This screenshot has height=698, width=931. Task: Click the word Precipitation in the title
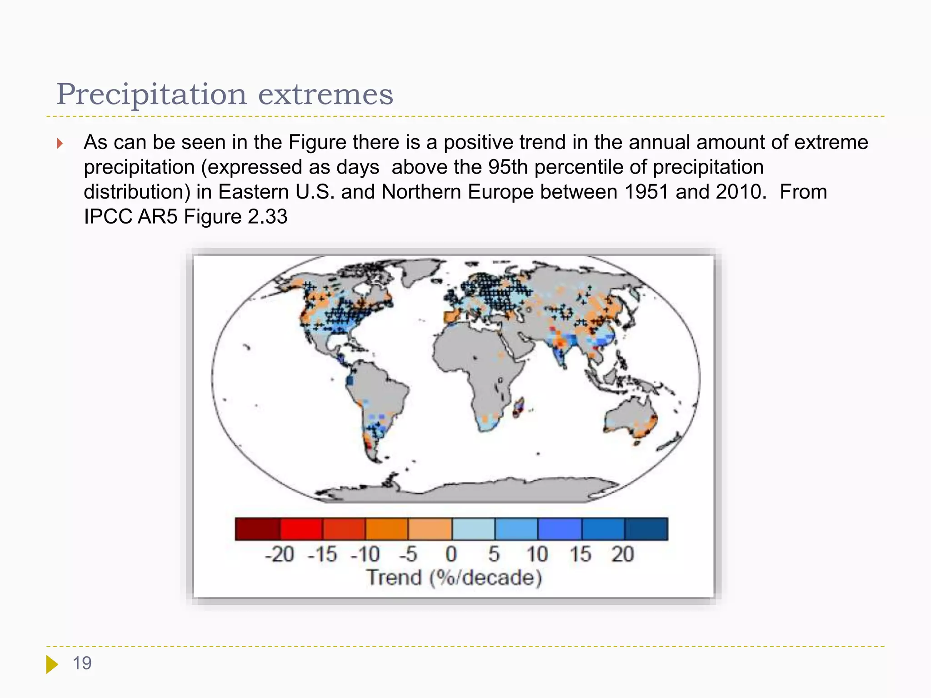151,95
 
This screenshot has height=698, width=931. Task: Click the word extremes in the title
325,95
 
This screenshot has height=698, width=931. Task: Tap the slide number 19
82,663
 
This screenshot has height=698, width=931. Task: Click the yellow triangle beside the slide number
51,664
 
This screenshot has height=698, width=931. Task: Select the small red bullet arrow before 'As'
60,144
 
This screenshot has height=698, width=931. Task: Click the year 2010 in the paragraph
738,192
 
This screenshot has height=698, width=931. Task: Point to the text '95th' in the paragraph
509,167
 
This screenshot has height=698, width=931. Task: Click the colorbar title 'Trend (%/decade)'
454,578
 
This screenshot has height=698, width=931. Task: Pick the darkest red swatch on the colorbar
257,529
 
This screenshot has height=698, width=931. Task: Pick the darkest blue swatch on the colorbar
646,529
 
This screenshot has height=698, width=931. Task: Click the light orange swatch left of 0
430,529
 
